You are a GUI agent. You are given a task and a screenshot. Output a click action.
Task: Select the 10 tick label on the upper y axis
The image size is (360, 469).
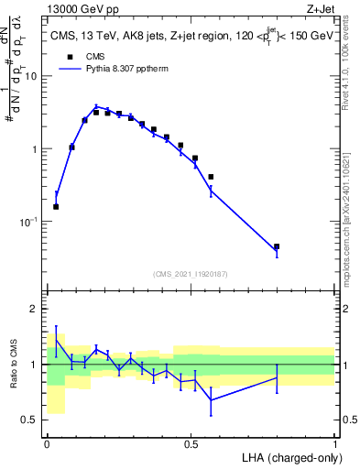[30, 76]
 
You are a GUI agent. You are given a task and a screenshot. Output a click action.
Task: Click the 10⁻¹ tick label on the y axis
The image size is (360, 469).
[27, 222]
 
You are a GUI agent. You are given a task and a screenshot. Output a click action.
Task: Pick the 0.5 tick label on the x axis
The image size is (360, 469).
[191, 442]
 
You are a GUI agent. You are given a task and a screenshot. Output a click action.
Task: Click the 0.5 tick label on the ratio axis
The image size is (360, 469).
[29, 420]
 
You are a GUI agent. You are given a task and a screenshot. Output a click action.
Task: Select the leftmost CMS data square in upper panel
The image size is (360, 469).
[56, 206]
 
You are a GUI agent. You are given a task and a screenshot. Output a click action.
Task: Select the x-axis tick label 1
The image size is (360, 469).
[334, 442]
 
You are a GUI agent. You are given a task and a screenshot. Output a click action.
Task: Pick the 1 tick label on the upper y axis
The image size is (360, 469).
[34, 149]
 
